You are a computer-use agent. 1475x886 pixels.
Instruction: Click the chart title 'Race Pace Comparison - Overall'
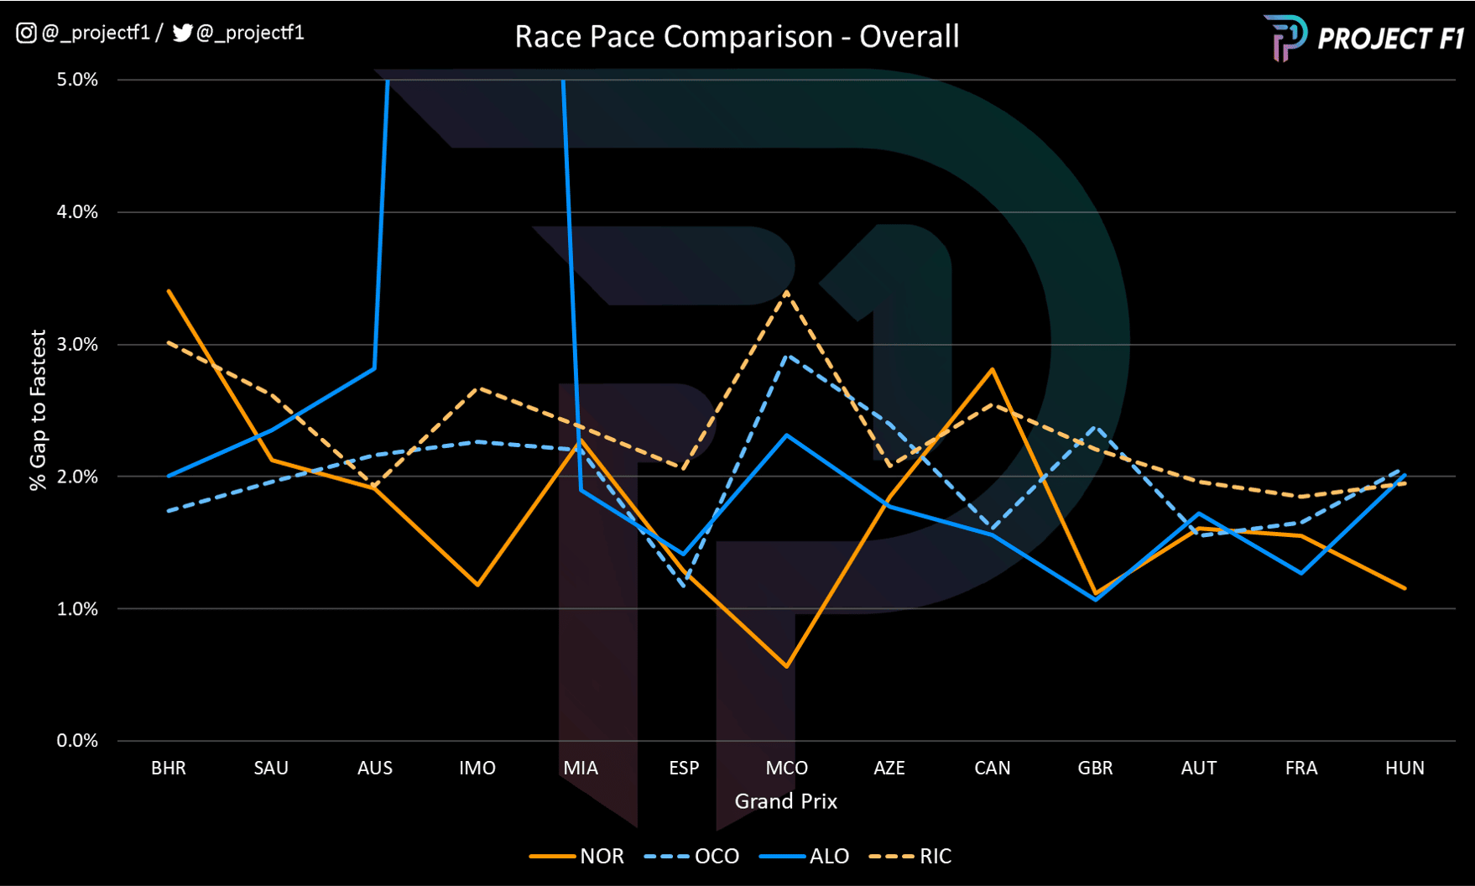(x=737, y=37)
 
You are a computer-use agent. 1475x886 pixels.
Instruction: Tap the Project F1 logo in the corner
(x=1364, y=38)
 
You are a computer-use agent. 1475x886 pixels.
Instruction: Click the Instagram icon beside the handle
(x=26, y=33)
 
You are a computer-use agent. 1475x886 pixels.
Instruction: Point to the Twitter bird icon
(x=182, y=33)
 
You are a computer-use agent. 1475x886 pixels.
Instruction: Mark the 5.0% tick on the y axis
(x=77, y=80)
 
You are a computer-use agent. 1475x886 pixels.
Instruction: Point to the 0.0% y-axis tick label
(x=77, y=741)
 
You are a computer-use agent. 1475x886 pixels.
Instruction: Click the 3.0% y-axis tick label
(x=77, y=344)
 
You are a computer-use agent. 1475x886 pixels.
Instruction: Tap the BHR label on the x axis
(x=169, y=768)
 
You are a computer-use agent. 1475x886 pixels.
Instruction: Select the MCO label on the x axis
(x=786, y=768)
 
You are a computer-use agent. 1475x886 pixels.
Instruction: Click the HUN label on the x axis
(x=1405, y=768)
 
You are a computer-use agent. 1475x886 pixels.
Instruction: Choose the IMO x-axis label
(x=477, y=768)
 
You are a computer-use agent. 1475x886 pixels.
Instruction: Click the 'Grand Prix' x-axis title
(x=786, y=801)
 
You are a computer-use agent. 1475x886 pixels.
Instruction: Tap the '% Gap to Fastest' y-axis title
(x=38, y=409)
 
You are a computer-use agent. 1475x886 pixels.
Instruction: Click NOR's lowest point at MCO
(x=786, y=666)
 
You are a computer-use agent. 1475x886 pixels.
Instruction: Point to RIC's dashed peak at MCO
(x=786, y=292)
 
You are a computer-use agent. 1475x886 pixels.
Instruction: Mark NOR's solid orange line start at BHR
(x=169, y=291)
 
